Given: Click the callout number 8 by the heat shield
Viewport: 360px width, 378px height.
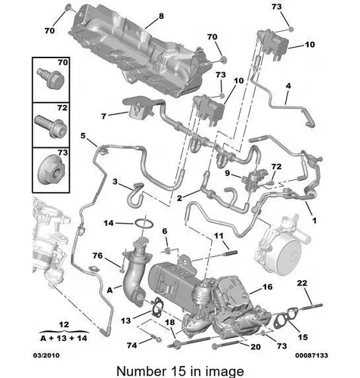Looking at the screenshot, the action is coord(161,17).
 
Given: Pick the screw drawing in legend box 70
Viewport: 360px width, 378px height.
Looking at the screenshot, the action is coord(51,77).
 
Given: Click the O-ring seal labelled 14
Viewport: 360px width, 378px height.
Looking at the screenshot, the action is coord(144,224).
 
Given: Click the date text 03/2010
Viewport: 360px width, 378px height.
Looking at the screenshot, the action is coord(46,355).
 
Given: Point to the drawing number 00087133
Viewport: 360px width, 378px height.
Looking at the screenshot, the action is coord(312,355).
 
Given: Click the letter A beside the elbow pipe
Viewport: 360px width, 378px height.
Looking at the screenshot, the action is coord(110,290).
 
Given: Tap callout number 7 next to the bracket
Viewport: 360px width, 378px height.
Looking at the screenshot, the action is coord(104,116).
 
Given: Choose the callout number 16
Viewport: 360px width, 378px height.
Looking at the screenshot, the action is coord(268,287).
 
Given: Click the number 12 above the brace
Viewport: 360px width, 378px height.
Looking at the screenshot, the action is coord(64,324).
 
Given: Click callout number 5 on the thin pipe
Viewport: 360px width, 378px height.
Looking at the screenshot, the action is coord(83,136).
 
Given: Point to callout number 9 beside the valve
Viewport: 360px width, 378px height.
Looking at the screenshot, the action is coord(227,173).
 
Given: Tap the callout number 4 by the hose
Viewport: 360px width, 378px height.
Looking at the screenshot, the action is coord(288,86).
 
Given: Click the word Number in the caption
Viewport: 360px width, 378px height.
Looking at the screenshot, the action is coord(140,371).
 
